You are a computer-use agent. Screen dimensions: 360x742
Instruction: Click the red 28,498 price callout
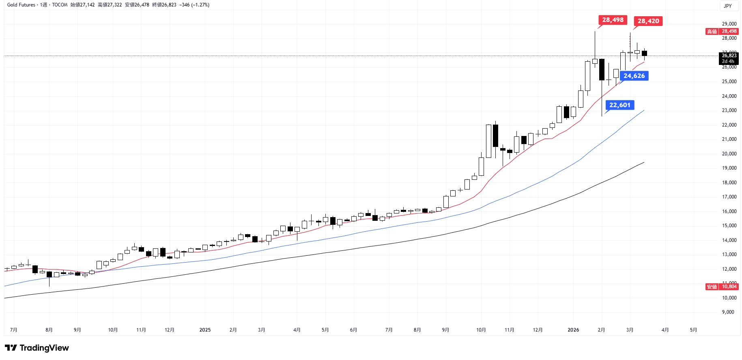613,20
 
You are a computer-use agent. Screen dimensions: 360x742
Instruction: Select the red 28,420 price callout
648,21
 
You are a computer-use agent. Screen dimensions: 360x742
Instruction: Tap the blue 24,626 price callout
634,76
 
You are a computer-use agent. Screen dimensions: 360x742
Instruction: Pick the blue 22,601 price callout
619,105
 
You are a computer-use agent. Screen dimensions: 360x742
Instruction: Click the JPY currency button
728,6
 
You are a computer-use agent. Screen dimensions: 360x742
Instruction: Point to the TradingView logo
37,348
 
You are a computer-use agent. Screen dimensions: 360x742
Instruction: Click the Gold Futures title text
21,5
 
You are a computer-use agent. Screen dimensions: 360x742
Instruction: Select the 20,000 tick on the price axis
729,154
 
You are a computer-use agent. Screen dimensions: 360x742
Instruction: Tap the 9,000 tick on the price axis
728,312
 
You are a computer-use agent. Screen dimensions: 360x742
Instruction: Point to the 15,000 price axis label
729,226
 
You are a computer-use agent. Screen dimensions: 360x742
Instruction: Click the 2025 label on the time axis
205,330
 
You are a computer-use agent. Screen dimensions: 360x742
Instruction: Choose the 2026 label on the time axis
573,330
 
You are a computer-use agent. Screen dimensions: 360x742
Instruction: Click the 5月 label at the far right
693,330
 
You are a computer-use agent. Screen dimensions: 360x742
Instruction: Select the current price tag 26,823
729,56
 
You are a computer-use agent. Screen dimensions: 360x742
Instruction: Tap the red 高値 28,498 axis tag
722,31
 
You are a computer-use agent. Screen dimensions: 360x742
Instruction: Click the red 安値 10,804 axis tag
722,287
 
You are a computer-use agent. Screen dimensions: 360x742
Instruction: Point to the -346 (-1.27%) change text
194,5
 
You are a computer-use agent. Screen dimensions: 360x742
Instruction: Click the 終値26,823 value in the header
164,5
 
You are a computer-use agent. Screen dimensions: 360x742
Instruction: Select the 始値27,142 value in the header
83,5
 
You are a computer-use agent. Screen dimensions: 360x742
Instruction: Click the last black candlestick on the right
644,53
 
